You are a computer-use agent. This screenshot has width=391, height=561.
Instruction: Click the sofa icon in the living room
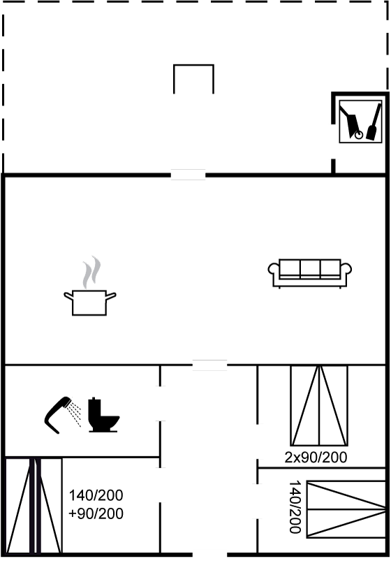pos(310,273)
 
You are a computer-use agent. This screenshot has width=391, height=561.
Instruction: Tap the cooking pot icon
pos(90,303)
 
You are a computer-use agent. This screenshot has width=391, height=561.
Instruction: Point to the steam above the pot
pos(91,272)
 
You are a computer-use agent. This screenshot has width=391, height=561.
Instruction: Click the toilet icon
pos(103,415)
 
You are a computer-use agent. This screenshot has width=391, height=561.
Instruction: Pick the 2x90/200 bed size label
pos(316,457)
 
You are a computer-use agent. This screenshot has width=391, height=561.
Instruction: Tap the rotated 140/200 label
pos(295,507)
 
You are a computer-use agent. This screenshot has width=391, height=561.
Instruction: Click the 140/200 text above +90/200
pos(96,495)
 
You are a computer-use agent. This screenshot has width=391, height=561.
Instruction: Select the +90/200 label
pos(96,513)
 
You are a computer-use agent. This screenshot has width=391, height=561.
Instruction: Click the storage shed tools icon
pos(360,122)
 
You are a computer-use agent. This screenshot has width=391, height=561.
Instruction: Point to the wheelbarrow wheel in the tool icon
pos(358,135)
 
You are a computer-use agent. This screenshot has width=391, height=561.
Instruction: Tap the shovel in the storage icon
pos(373,122)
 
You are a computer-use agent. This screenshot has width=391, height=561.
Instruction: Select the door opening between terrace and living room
pos(188,175)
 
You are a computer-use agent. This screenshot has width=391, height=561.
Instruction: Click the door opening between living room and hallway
pos(209,365)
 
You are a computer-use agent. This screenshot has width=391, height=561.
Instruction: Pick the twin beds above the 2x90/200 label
pos(319,405)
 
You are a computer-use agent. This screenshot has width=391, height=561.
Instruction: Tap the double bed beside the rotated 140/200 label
pos(346,509)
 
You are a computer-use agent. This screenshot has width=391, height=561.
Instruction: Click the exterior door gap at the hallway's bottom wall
pos(210,555)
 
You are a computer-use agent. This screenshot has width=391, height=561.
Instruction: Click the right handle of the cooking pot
pos(111,296)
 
